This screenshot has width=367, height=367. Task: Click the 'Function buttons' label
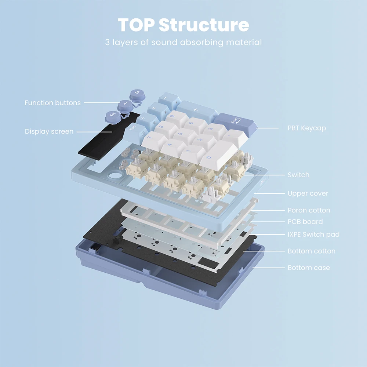tap(52, 103)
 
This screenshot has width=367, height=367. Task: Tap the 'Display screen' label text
tap(49, 131)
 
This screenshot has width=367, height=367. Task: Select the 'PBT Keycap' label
tap(306, 128)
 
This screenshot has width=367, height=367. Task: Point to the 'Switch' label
tap(298, 175)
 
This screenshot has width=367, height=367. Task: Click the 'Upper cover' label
tap(308, 193)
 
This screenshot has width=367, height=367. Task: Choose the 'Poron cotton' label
tap(309, 210)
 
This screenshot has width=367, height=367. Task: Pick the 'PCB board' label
tap(305, 221)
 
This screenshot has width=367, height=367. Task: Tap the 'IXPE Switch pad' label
tap(313, 234)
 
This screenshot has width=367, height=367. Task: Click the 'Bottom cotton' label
tap(312, 251)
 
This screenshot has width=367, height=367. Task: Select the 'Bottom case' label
tap(309, 268)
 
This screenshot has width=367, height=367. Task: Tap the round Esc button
tap(113, 117)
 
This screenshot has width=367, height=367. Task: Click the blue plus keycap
tap(196, 110)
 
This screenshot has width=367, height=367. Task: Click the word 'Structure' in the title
tap(204, 25)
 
